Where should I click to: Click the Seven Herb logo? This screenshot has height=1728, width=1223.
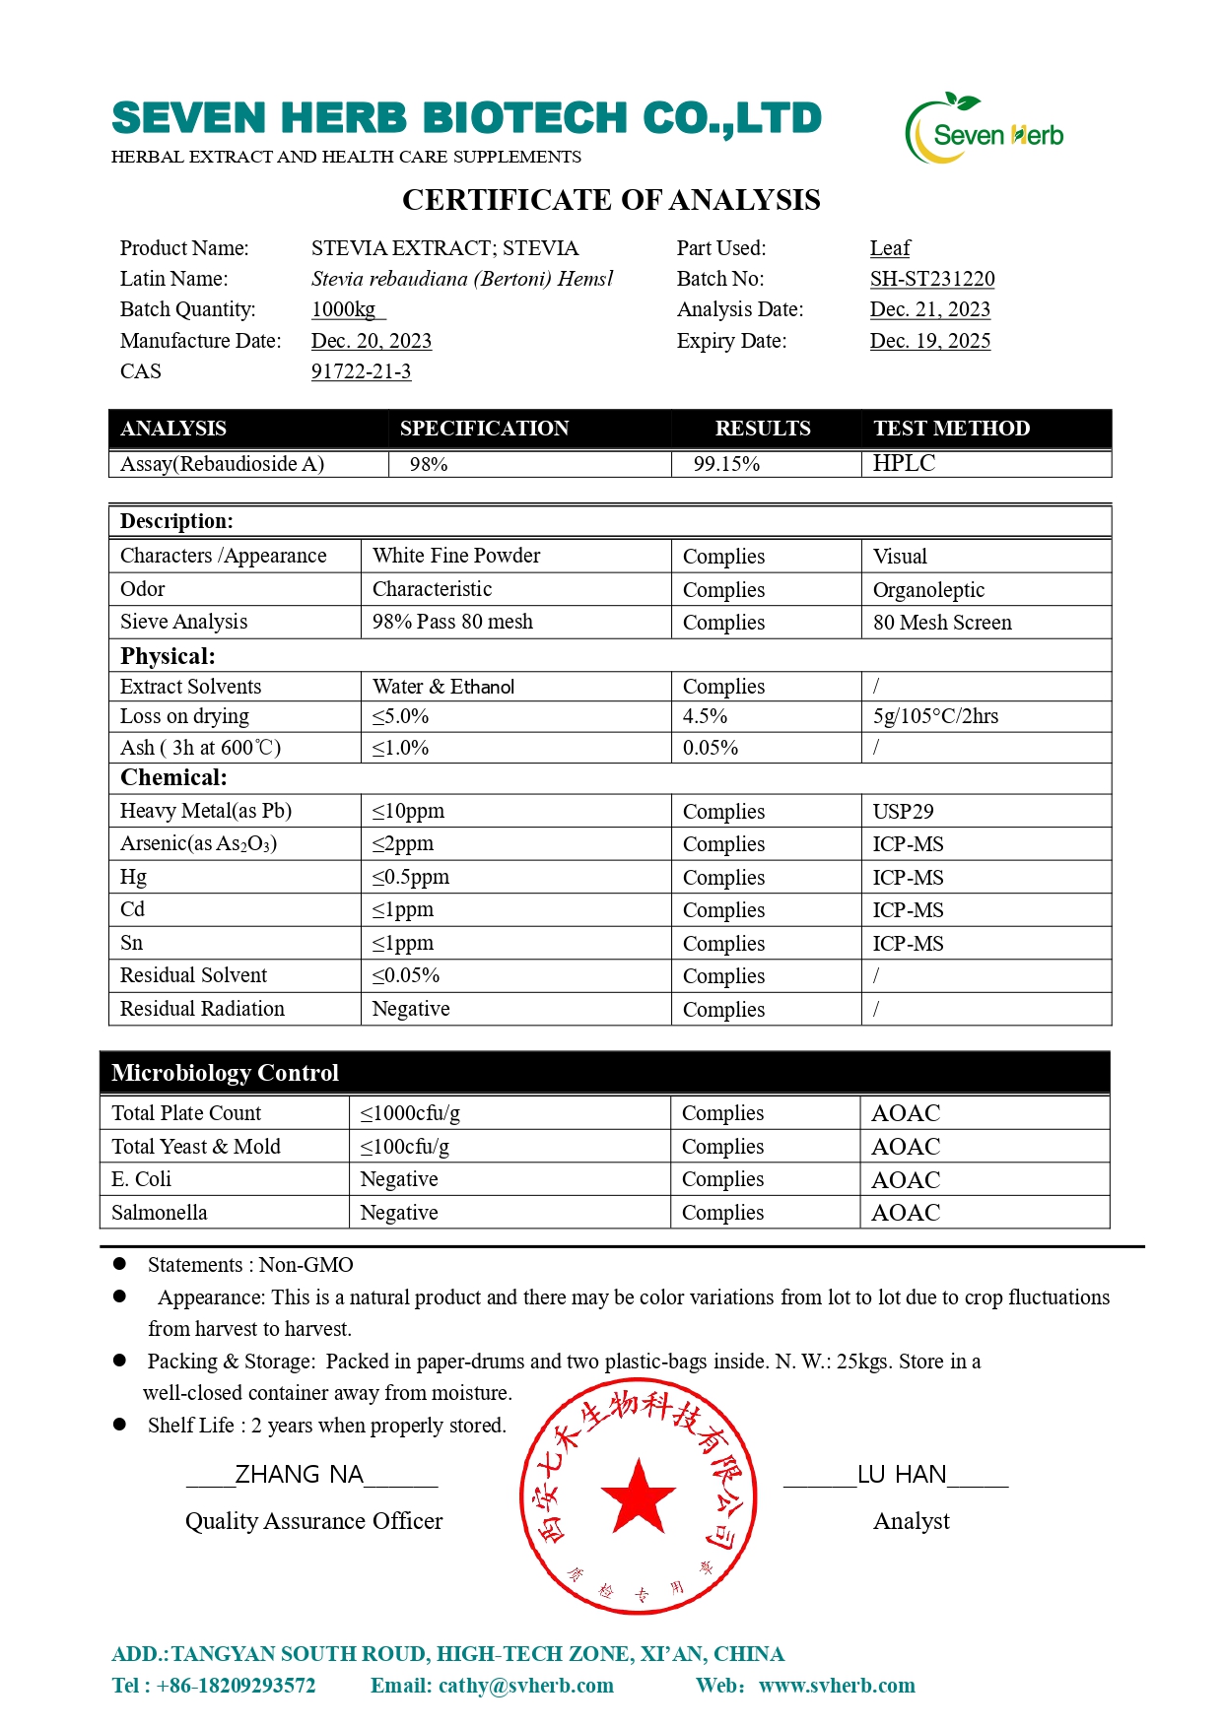coord(985,129)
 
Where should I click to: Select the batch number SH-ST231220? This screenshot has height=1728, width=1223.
coord(931,279)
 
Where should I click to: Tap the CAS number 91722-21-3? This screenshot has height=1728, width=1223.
coord(361,371)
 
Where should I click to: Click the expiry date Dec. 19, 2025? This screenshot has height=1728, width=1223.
coord(929,341)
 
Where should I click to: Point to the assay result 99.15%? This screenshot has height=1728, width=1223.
coord(726,464)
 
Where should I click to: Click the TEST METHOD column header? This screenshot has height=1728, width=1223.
coord(951,429)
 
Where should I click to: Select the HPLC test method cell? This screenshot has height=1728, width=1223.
coord(904,463)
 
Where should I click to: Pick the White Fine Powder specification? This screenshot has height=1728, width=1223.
coord(456,556)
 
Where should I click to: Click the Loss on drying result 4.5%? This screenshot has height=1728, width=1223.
coord(705,716)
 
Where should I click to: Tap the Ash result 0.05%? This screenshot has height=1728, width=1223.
coord(710,748)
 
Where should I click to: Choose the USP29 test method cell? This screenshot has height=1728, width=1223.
coord(903,812)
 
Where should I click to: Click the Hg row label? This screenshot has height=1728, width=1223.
coord(133,877)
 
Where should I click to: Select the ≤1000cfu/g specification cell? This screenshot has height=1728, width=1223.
coord(410,1113)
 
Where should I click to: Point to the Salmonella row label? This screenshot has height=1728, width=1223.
coord(160,1213)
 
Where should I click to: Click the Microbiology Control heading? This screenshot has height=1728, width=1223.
coord(225,1073)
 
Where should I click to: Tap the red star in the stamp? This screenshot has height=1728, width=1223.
coord(638,1496)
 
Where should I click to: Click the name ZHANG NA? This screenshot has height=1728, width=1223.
coord(299,1474)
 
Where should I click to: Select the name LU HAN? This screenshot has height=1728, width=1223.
coord(901,1474)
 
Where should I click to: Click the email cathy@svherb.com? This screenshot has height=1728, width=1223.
coord(525,1686)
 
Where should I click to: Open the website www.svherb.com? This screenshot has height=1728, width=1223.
coord(837,1686)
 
